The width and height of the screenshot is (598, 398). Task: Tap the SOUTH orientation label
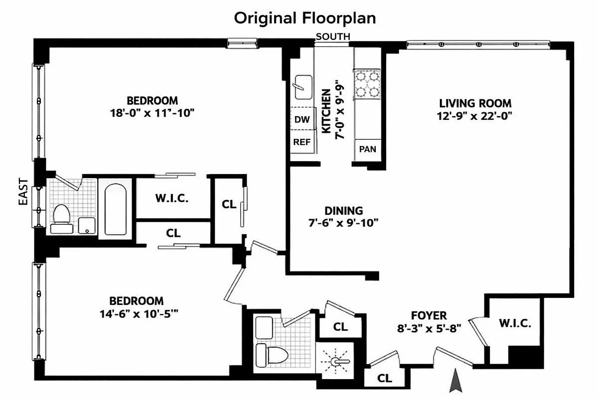coord(333,36)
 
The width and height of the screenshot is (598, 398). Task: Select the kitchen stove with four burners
coord(367,84)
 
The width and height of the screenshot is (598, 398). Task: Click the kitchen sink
coord(302,86)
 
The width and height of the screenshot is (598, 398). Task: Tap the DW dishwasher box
coord(301,119)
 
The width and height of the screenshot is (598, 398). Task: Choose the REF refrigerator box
coord(301,142)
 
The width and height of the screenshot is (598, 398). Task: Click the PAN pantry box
coord(367,149)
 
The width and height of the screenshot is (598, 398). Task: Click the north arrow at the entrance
coord(454,382)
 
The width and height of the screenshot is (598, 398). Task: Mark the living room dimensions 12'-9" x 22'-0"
coord(475,116)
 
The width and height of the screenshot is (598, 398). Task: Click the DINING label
coord(343,211)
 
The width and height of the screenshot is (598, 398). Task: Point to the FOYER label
coord(429,315)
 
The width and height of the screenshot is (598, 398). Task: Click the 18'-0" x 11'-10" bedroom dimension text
coord(151,112)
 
